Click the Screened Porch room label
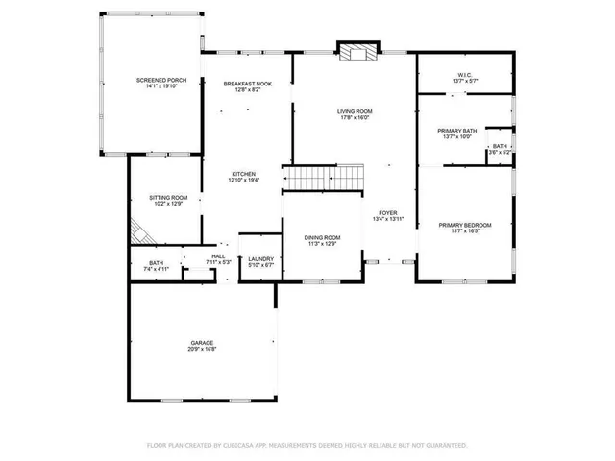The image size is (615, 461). pyautogui.click(x=154, y=80)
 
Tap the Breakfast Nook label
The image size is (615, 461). pyautogui.click(x=247, y=84)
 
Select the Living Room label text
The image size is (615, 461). pyautogui.click(x=355, y=111)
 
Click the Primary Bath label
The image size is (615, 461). pyautogui.click(x=457, y=130)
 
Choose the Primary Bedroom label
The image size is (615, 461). pyautogui.click(x=465, y=225)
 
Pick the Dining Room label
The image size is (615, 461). pyautogui.click(x=322, y=237)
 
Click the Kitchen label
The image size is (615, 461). pyautogui.click(x=243, y=174)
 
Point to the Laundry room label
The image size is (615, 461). pyautogui.click(x=260, y=258)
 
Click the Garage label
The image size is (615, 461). pyautogui.click(x=202, y=342)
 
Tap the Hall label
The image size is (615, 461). pyautogui.click(x=218, y=256)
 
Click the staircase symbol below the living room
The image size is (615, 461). pyautogui.click(x=324, y=179)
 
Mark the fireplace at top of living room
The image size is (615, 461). pyautogui.click(x=356, y=53)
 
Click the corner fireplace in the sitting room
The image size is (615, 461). pyautogui.click(x=140, y=232)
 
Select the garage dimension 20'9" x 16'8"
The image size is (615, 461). pyautogui.click(x=202, y=349)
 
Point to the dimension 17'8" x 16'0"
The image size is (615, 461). pyautogui.click(x=355, y=118)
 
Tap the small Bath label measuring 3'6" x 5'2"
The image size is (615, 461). pyautogui.click(x=500, y=146)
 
